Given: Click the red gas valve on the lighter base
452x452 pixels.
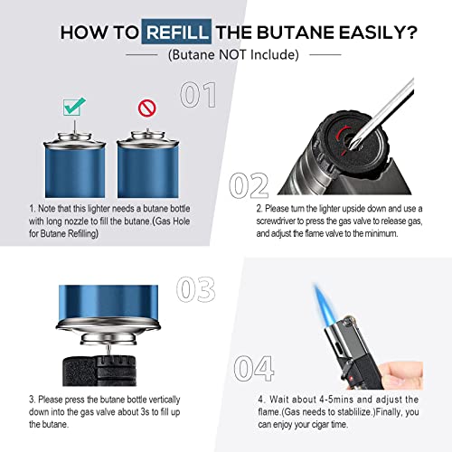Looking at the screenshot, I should pos(333,137).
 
